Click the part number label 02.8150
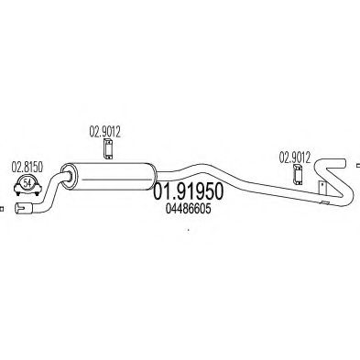point(27,167)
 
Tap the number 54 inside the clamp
point(27,183)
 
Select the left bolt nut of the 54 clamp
point(17,193)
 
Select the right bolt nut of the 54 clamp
point(38,193)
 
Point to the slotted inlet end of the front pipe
point(22,208)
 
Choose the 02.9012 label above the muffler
point(104,132)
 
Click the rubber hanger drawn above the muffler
point(107,149)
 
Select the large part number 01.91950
point(188,191)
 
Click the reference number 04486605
point(188,209)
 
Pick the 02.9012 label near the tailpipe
point(295,158)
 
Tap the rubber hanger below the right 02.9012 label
point(297,175)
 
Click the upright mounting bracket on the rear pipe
point(322,188)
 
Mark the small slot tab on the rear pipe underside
point(325,202)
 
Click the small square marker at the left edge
point(2,209)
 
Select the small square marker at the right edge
point(358,166)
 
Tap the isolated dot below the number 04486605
point(189,230)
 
